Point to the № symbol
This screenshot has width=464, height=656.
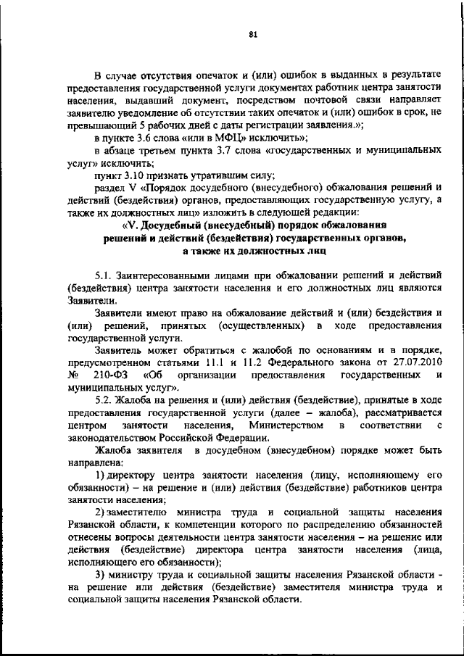[x=72, y=375]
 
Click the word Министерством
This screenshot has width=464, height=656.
[x=283, y=425]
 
